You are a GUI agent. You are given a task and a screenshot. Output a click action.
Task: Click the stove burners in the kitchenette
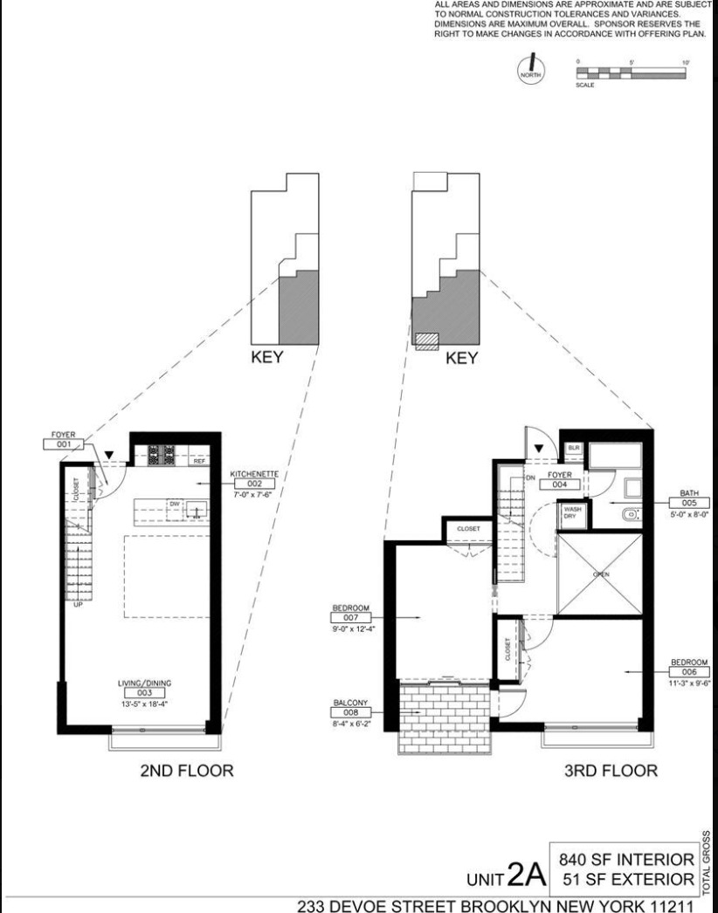pos(162,454)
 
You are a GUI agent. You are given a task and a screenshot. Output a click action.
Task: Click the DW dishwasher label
pos(174,505)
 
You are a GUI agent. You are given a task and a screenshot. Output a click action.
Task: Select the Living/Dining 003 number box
pos(143,692)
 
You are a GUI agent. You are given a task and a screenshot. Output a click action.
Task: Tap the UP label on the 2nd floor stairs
pos(78,604)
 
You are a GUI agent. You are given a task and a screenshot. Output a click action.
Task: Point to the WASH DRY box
pos(573,512)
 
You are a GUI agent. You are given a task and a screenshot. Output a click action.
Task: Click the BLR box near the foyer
pos(574,448)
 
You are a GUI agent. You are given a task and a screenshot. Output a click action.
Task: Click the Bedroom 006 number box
pos(689,672)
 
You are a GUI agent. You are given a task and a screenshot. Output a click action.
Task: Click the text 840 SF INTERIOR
pos(623,860)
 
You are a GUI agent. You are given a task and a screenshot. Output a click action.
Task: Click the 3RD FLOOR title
pos(611,771)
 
